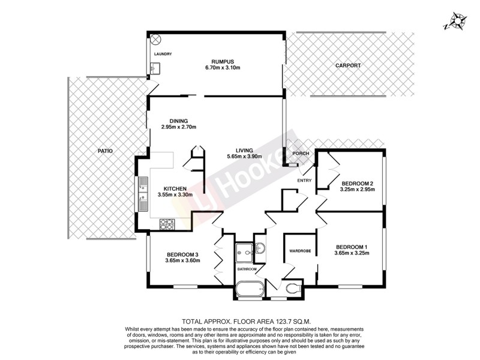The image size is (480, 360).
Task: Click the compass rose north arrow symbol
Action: [458, 21]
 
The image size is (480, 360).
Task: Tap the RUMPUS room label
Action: [221, 60]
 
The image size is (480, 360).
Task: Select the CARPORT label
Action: [349, 65]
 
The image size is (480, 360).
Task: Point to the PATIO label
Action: [106, 151]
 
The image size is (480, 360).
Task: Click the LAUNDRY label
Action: [163, 55]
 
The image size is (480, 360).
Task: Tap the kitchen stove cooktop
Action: [166, 224]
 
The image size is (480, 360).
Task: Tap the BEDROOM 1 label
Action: [351, 247]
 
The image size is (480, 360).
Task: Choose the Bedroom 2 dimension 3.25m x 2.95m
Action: [357, 190]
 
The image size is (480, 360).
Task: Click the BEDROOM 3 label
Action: [182, 254]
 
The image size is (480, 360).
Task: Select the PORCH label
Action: [301, 154]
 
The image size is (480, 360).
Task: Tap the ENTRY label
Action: [305, 181]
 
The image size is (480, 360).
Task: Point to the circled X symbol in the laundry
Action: [156, 40]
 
